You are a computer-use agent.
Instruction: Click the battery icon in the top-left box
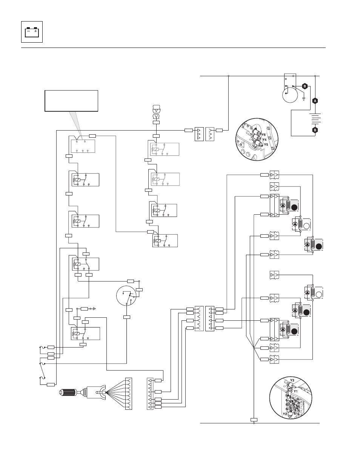32,32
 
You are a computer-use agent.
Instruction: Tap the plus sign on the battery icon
35,31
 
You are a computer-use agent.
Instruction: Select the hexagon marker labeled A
315,101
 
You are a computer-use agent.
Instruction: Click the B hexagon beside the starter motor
305,86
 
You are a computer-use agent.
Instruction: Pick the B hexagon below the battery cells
315,130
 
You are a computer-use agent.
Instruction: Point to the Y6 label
263,135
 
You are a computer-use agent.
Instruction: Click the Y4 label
265,140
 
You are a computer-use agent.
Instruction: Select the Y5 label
266,145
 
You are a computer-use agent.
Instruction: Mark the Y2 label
285,414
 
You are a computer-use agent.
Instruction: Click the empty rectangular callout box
71,101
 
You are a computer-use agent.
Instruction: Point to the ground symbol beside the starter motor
304,99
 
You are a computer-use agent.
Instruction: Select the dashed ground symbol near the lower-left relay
94,309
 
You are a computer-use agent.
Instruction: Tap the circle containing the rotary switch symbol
126,296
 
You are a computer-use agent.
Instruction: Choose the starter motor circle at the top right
290,95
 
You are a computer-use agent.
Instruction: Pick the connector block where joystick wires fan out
129,394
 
